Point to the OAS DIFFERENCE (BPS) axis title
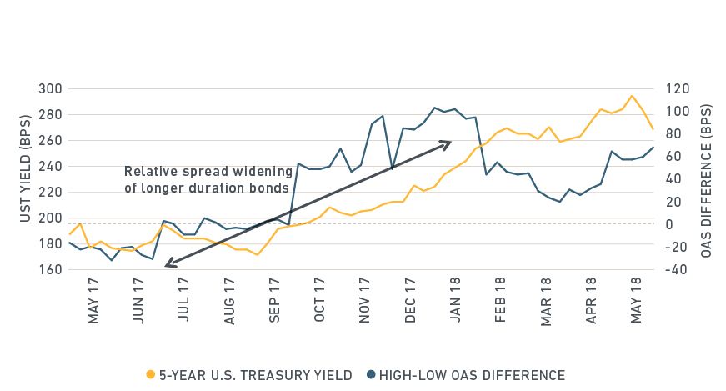(707, 179)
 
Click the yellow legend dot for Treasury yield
(150, 375)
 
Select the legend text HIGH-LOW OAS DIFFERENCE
(472, 375)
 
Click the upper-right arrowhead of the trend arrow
(448, 143)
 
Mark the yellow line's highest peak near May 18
(631, 96)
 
